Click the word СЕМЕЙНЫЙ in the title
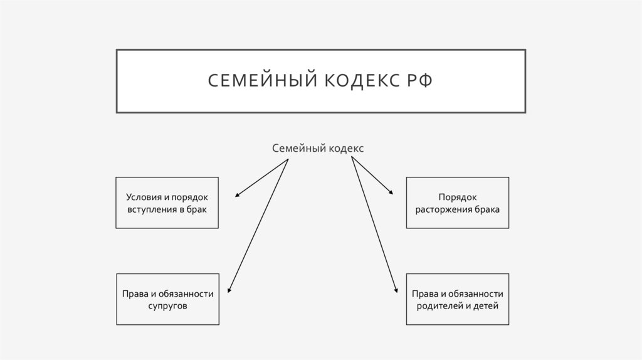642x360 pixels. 259,82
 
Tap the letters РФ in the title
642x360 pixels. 419,82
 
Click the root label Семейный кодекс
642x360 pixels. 318,148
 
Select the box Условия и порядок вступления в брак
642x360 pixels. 167,203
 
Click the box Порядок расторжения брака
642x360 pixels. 458,203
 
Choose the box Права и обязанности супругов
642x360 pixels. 167,299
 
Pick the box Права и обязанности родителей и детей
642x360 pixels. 458,299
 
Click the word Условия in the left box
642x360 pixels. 142,197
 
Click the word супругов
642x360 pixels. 167,305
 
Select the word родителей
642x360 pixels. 440,305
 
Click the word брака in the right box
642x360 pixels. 487,209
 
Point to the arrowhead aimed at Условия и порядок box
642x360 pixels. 237,196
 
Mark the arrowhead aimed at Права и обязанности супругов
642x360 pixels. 229,290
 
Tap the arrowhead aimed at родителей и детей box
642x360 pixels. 396,290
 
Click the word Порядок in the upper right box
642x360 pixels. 458,197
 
